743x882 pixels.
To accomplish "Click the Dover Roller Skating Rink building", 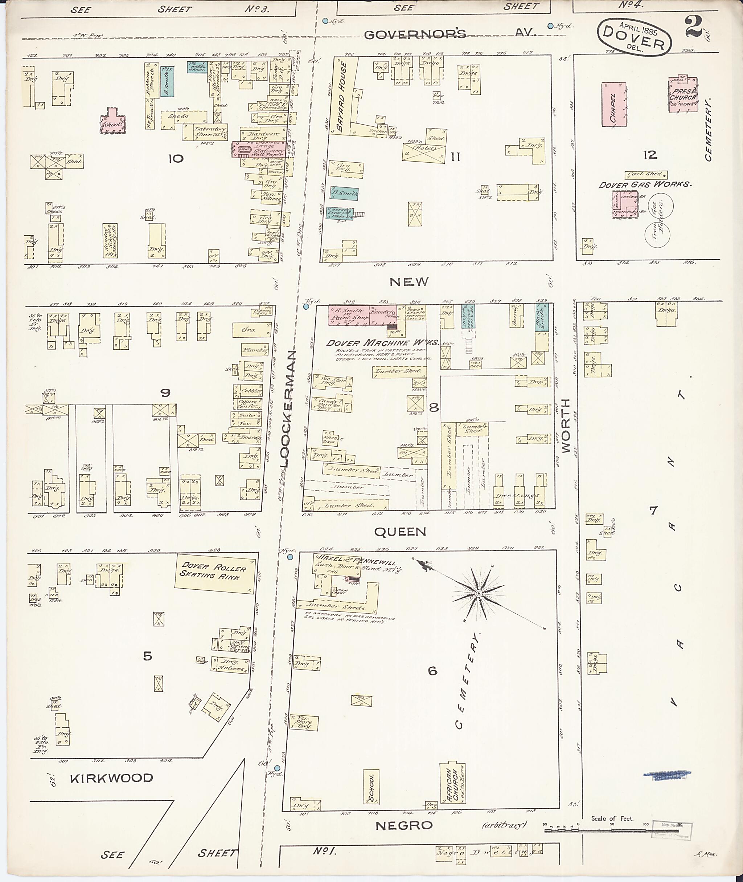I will click(215, 576).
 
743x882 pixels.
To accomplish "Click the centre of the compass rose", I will click(479, 594).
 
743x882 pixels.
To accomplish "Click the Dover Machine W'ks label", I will click(382, 343).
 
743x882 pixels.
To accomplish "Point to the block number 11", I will click(455, 157).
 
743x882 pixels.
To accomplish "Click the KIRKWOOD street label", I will click(112, 778).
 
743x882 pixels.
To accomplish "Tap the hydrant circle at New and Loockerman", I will click(306, 306).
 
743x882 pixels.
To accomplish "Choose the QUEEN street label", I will click(400, 532).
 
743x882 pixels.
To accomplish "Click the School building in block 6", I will click(371, 787).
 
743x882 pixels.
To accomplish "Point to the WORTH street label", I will click(565, 426).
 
